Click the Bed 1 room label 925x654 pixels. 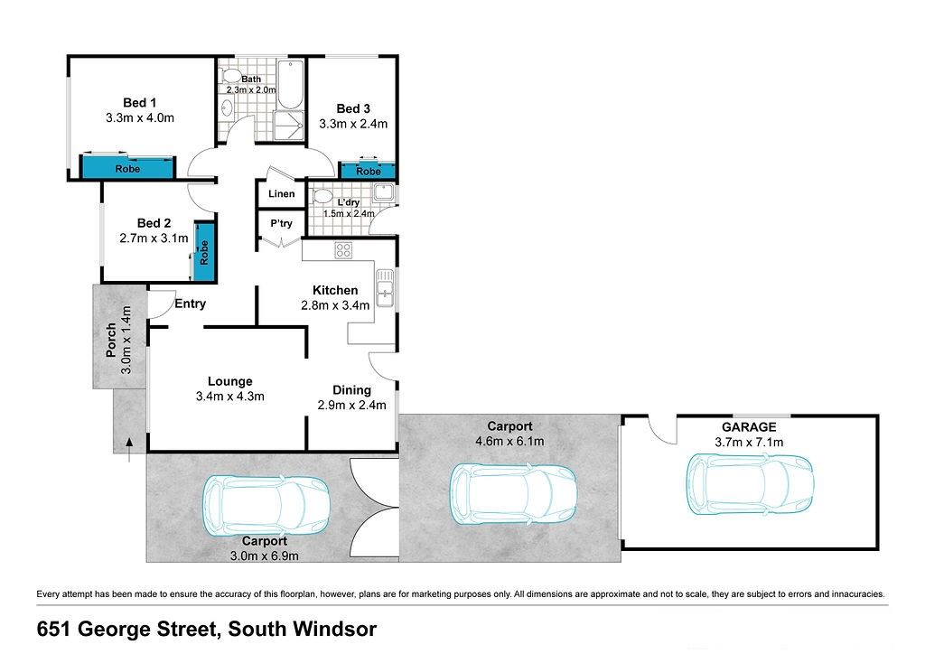tap(140, 103)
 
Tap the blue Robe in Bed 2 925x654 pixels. tap(204, 252)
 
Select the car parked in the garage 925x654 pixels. tap(750, 484)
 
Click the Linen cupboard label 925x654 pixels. tap(282, 193)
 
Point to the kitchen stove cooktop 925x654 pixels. tap(343, 250)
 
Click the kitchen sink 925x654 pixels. tap(385, 288)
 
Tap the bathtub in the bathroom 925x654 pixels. tap(290, 84)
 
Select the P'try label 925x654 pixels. tap(282, 223)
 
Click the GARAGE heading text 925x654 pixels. tap(749, 426)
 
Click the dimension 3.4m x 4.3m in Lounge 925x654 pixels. tap(230, 397)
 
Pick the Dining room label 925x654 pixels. tap(351, 390)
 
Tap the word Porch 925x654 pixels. tap(110, 341)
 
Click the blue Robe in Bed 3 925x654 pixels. tap(369, 171)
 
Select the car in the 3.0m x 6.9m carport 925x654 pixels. tap(266, 505)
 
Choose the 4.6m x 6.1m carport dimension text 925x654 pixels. tap(509, 441)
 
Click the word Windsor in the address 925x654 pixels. tap(336, 629)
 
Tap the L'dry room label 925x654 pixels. tap(349, 202)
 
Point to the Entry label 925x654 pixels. tap(190, 304)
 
